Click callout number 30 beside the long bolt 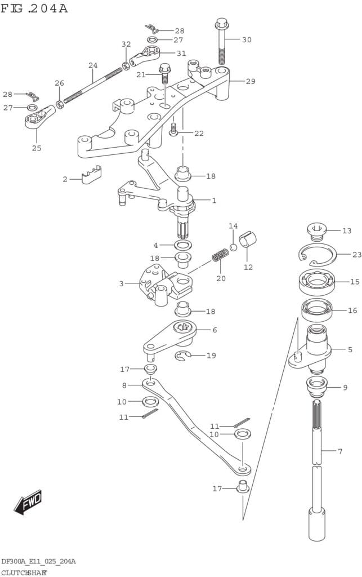click(247, 39)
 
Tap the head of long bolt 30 click(220, 24)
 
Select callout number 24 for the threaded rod click(93, 65)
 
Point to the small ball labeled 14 click(233, 247)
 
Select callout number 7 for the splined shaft click(339, 451)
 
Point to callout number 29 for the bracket click(250, 81)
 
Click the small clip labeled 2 click(91, 176)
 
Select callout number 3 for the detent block click(121, 283)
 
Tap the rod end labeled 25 click(35, 119)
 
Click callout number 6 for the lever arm click(214, 330)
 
